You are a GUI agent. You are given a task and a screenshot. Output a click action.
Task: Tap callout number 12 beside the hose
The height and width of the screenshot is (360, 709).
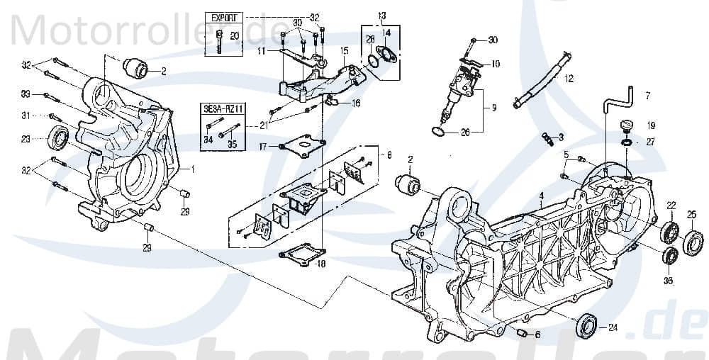569,80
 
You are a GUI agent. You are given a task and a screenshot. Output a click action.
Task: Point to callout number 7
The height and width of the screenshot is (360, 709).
646,94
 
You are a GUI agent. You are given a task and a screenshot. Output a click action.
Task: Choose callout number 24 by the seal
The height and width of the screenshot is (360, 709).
613,327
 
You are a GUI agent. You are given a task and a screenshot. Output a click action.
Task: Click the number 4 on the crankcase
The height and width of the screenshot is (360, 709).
541,196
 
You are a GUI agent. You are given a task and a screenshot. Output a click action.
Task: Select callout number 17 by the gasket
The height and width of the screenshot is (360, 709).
262,147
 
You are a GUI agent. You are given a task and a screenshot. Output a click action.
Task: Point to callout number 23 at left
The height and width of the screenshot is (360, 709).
26,140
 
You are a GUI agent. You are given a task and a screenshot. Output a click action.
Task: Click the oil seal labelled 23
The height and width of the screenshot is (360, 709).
58,138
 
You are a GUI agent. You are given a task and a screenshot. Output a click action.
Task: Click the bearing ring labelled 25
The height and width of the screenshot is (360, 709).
693,240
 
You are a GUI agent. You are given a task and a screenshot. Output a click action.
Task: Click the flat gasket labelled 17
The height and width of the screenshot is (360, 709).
302,147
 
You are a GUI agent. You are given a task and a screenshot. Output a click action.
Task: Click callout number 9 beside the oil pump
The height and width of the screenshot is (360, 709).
493,108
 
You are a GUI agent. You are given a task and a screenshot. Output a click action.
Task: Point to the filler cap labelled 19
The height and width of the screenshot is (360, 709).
626,128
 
